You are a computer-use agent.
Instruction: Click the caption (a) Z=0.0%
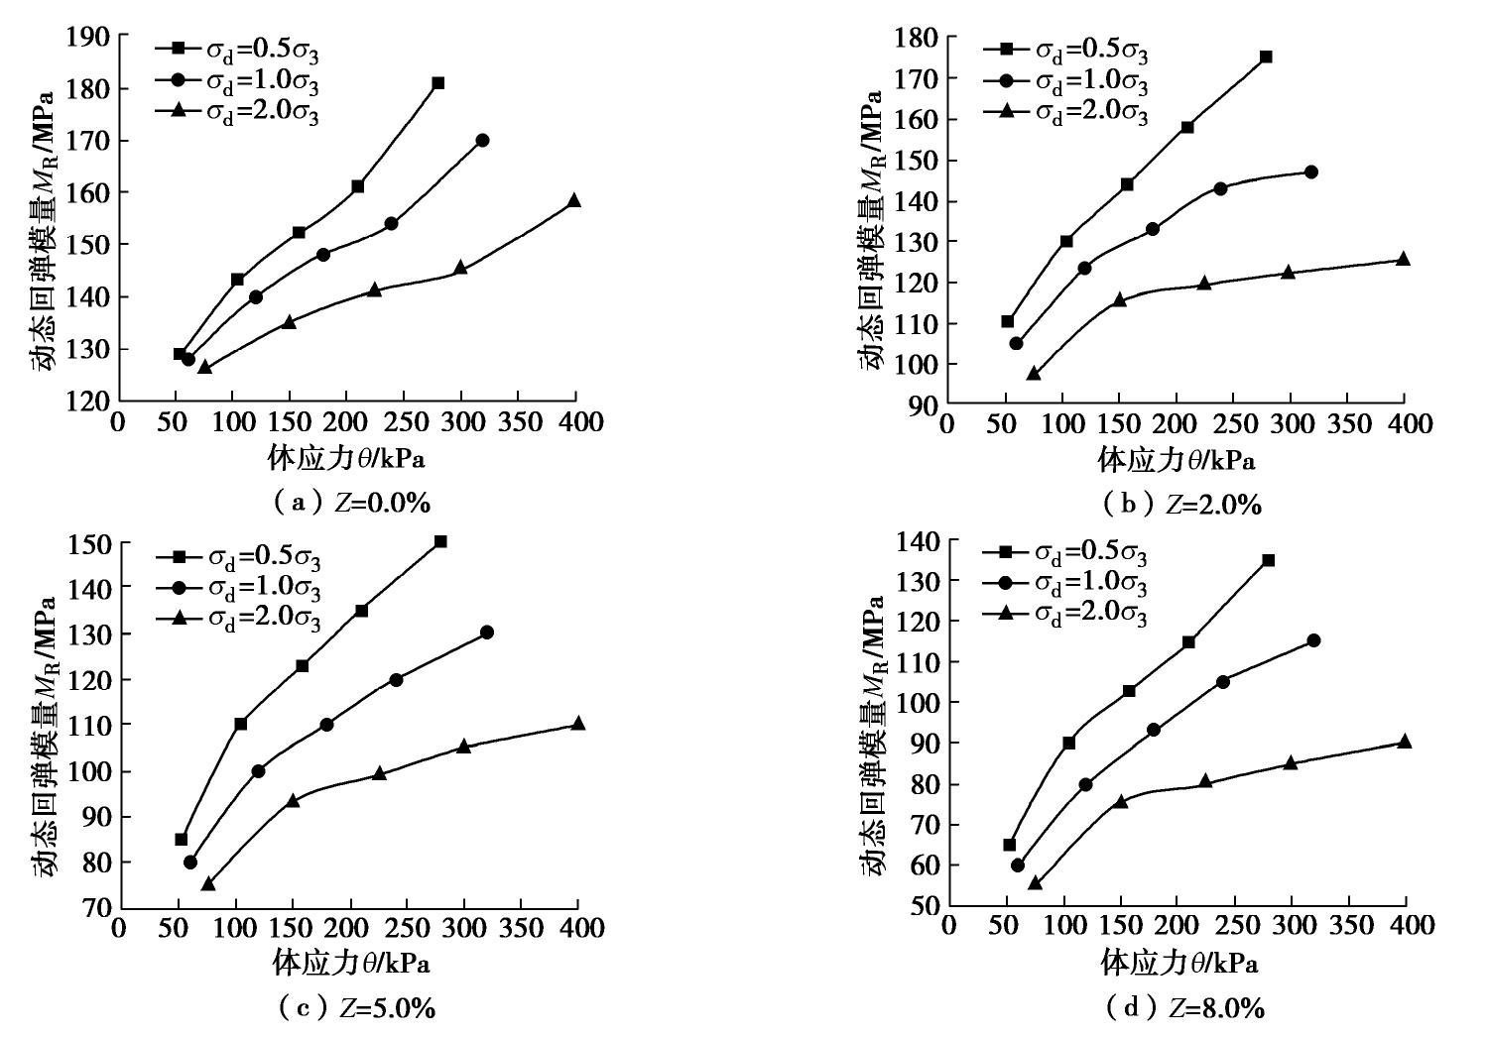352,503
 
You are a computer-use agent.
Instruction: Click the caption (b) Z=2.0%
1181,505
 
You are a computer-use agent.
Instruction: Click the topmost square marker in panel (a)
437,83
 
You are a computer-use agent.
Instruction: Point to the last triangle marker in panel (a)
573,200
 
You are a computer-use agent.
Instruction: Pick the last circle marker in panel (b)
1310,172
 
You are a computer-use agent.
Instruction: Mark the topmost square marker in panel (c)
440,541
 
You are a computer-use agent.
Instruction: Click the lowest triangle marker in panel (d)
1035,882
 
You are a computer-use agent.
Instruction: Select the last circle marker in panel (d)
1313,640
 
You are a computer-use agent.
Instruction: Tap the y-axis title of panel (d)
871,736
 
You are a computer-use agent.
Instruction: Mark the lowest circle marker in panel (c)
189,862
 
